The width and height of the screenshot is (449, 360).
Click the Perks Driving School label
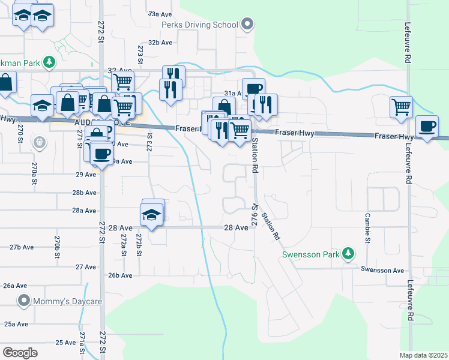[x=199, y=25]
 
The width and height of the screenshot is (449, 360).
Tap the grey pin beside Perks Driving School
[x=247, y=25]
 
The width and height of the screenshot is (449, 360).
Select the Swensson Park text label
[x=311, y=254]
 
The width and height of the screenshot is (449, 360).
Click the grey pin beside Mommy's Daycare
[x=24, y=300]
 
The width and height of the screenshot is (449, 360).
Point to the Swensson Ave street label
[x=382, y=271]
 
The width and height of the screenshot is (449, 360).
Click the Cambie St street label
[x=366, y=229]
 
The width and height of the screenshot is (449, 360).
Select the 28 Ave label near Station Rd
[x=237, y=228]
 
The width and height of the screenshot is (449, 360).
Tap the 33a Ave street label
[x=160, y=13]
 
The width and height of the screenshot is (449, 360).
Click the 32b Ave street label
[x=160, y=43]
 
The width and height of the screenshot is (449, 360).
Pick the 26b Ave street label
[x=119, y=275]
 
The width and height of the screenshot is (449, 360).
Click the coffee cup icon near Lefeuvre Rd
[x=427, y=126]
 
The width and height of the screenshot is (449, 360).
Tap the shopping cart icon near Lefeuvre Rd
[x=401, y=108]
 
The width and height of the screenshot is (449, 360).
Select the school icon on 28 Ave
[x=152, y=214]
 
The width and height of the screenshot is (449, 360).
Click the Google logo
[x=20, y=353]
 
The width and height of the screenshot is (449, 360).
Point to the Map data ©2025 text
[x=424, y=355]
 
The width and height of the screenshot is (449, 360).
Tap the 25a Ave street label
[x=17, y=324]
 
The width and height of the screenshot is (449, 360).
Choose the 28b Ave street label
[x=85, y=193]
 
